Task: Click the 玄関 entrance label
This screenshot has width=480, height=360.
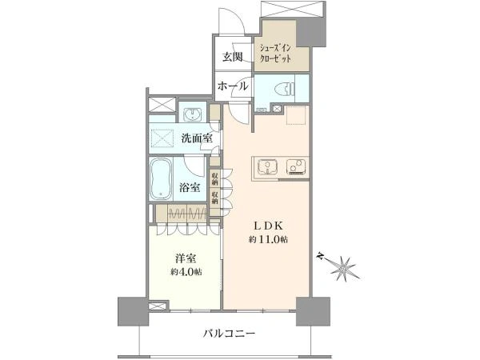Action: click(232, 57)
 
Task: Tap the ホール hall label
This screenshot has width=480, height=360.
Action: click(233, 86)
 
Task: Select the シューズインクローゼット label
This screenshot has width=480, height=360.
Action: click(275, 54)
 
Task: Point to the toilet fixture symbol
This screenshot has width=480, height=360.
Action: click(285, 90)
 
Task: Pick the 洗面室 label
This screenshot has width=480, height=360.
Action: click(197, 138)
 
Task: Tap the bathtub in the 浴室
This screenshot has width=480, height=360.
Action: click(161, 178)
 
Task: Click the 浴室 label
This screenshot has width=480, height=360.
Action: click(190, 187)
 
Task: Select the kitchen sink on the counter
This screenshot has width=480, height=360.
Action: click(267, 167)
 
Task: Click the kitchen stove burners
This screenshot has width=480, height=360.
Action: click(296, 167)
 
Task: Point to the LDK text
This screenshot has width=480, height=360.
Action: click(269, 226)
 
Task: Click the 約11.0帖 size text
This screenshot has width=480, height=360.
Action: click(268, 240)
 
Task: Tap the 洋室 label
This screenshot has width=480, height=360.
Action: click(186, 259)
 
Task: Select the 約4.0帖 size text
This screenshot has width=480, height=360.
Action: click(186, 272)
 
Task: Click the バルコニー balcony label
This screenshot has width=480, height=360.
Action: click(230, 333)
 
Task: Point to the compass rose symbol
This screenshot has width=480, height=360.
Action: click(342, 267)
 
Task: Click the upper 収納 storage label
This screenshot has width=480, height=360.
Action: click(214, 179)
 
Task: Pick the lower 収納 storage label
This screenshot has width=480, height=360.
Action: click(214, 198)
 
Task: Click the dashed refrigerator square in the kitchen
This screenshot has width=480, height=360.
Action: click(296, 115)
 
